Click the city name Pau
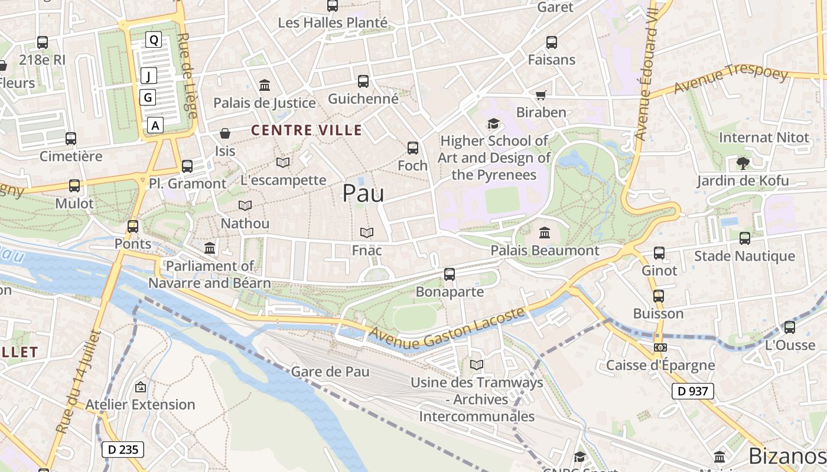[363, 194]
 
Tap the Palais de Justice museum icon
[265, 86]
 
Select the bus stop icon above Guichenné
[363, 81]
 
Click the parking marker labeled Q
[154, 40]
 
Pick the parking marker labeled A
[155, 125]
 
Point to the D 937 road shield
[693, 391]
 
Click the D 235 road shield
[123, 450]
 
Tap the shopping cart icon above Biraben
[541, 95]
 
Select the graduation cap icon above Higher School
[493, 123]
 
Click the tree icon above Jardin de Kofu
[743, 163]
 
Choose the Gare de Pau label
[330, 372]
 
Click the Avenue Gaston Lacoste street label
[447, 329]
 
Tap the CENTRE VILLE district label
[307, 130]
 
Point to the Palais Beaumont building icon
[545, 233]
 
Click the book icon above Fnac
[367, 233]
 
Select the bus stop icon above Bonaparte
[450, 274]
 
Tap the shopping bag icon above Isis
[225, 133]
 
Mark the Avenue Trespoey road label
[731, 79]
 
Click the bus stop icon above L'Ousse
[790, 327]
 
